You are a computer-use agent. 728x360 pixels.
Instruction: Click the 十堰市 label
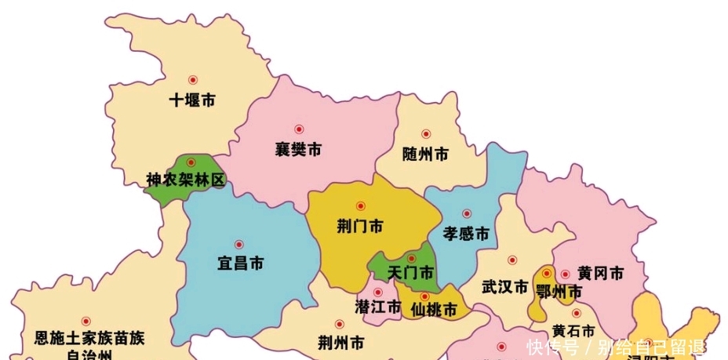click(193, 100)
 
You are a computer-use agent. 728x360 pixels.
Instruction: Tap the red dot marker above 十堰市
click(192, 79)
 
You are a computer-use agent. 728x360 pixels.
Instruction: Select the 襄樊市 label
click(298, 149)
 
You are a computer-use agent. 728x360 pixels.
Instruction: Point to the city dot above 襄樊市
click(298, 129)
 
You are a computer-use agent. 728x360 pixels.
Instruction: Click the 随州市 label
click(425, 155)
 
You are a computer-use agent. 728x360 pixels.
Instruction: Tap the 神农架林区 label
click(186, 180)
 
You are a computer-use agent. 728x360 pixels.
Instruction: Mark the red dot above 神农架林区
click(190, 162)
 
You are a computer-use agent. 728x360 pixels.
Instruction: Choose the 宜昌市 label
click(240, 264)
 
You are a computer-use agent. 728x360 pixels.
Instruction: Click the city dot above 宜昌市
click(239, 244)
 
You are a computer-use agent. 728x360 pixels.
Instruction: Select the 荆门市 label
click(360, 227)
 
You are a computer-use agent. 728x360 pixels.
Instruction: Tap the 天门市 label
click(411, 273)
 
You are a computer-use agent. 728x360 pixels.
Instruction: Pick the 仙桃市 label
click(434, 310)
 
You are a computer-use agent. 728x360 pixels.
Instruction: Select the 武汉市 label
click(504, 287)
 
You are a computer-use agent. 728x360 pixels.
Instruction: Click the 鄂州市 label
click(559, 292)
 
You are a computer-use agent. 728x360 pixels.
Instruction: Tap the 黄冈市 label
click(601, 274)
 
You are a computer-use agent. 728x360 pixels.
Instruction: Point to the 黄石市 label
click(573, 330)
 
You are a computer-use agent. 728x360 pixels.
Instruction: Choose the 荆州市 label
click(341, 343)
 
